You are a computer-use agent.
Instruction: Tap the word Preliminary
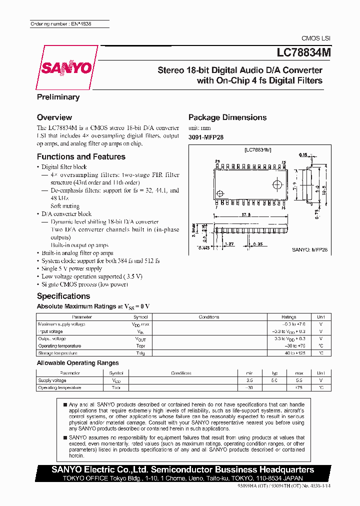click(x=58, y=97)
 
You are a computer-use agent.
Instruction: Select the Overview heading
click(x=54, y=117)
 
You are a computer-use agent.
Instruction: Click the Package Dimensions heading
click(x=227, y=117)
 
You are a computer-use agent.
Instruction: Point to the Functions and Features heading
click(x=81, y=156)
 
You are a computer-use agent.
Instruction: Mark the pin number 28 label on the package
click(x=217, y=161)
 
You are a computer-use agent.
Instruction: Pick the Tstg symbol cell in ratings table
click(x=140, y=353)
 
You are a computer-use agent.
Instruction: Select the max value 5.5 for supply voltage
click(x=299, y=380)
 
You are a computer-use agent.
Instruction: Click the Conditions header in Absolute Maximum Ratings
click(x=209, y=317)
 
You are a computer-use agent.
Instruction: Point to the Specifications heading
click(x=63, y=296)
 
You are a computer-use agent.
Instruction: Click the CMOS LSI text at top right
click(x=315, y=38)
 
